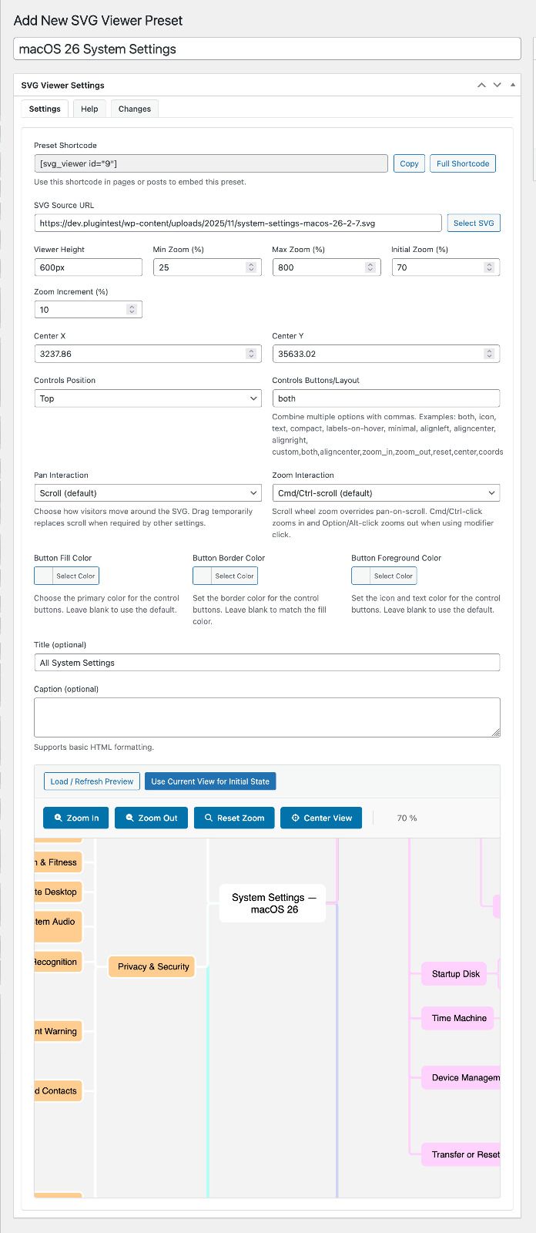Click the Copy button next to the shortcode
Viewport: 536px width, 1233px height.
tap(409, 163)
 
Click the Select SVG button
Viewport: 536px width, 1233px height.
tap(474, 223)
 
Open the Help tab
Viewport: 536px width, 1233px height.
tap(89, 109)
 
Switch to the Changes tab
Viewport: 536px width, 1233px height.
tap(135, 109)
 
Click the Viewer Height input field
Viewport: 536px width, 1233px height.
tap(88, 267)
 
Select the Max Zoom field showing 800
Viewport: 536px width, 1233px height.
tap(318, 267)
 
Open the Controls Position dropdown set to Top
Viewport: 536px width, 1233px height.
tap(148, 398)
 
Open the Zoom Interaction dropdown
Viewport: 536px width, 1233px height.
tap(386, 493)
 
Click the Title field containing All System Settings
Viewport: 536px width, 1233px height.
tap(266, 663)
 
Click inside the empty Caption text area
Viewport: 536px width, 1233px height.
tap(266, 717)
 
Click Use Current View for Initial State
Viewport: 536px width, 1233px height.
tap(210, 781)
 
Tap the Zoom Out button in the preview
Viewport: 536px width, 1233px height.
tap(151, 818)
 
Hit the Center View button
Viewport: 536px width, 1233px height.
tap(321, 818)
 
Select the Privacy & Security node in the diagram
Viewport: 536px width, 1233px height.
tap(152, 966)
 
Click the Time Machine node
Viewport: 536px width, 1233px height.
tap(458, 1018)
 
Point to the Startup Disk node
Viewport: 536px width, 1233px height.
tap(455, 974)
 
